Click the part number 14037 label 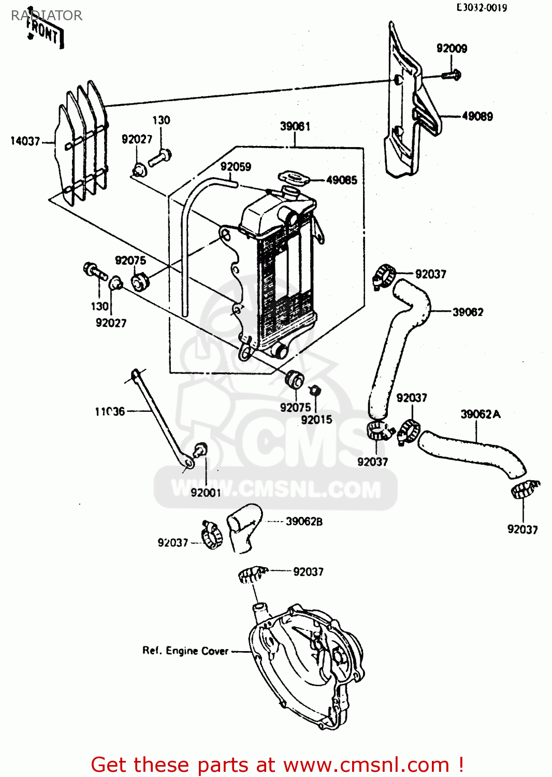pyautogui.click(x=25, y=141)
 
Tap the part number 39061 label pyautogui.click(x=295, y=126)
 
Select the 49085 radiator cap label pyautogui.click(x=342, y=180)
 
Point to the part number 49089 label pyautogui.click(x=477, y=117)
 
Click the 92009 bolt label pyautogui.click(x=452, y=49)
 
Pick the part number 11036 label pyautogui.click(x=110, y=412)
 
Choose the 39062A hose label pyautogui.click(x=480, y=414)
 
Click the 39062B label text pyautogui.click(x=304, y=522)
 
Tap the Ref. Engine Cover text pyautogui.click(x=185, y=651)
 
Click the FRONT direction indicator pyautogui.click(x=45, y=34)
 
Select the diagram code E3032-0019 pyautogui.click(x=481, y=8)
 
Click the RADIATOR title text pyautogui.click(x=47, y=16)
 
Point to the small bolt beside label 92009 pyautogui.click(x=451, y=75)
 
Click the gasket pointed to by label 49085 pyautogui.click(x=294, y=179)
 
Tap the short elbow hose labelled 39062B pyautogui.click(x=244, y=526)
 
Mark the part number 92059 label pyautogui.click(x=236, y=167)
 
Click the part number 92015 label pyautogui.click(x=316, y=420)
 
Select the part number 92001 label pyautogui.click(x=206, y=493)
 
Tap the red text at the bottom pyautogui.click(x=277, y=765)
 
